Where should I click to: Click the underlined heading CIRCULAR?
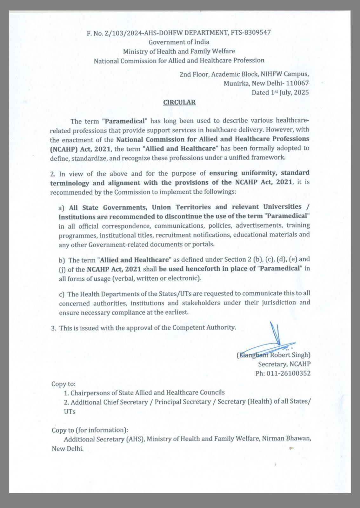(179, 102)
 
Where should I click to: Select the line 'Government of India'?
(179, 42)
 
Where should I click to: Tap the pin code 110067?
(297, 84)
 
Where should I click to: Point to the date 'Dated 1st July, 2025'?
(280, 93)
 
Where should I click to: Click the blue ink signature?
(270, 341)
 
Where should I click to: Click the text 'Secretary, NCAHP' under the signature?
(284, 364)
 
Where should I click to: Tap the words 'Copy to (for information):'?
(90, 430)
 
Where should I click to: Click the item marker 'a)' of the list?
(62, 208)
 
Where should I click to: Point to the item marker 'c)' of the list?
(62, 294)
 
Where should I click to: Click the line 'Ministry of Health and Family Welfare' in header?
(179, 51)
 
